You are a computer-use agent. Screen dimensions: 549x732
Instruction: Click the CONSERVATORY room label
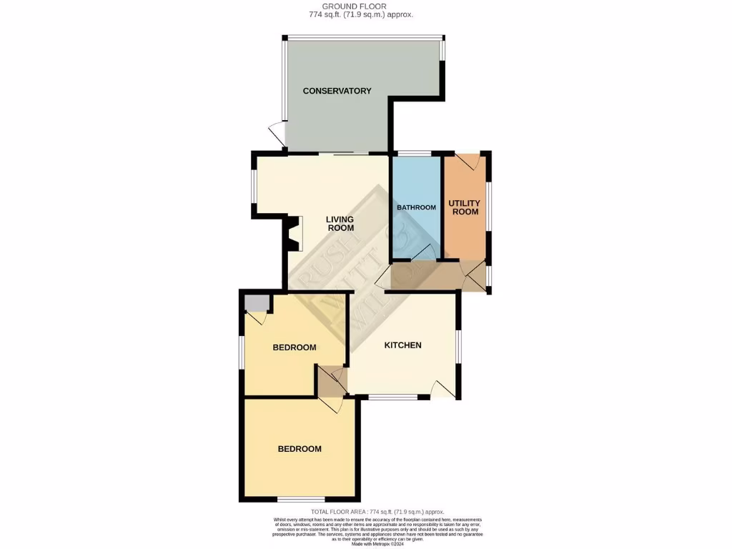pyautogui.click(x=337, y=91)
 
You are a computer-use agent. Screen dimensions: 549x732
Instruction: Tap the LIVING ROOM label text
pyautogui.click(x=340, y=224)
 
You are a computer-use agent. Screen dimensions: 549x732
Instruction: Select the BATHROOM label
pyautogui.click(x=416, y=207)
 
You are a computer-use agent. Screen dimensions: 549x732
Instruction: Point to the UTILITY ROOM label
pyautogui.click(x=464, y=207)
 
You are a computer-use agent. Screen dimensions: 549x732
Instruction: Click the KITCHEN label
pyautogui.click(x=403, y=345)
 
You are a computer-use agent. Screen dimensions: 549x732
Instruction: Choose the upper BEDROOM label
pyautogui.click(x=295, y=347)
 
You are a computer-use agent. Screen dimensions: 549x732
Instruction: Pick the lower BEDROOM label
pyautogui.click(x=300, y=449)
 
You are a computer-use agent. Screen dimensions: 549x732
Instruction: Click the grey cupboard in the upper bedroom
pyautogui.click(x=255, y=303)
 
